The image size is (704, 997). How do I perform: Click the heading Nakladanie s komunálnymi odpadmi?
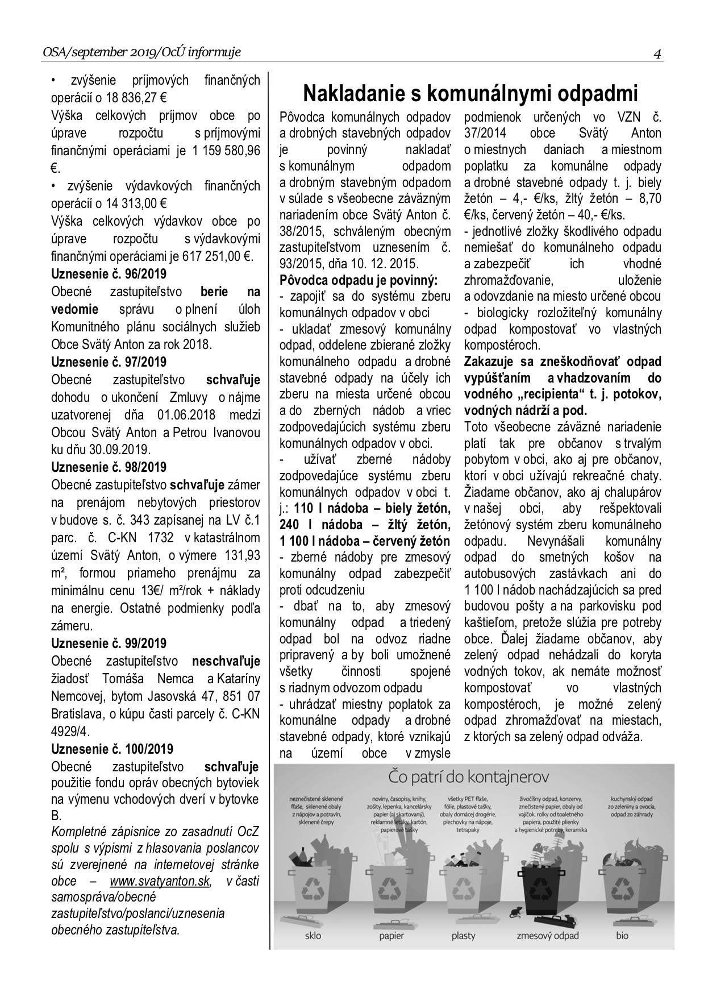[x=470, y=93]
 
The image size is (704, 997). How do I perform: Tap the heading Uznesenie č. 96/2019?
[x=109, y=274]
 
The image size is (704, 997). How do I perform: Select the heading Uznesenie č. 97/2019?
[x=109, y=362]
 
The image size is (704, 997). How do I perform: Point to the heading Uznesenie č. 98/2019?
[x=109, y=467]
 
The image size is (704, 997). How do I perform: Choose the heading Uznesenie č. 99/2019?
[x=109, y=643]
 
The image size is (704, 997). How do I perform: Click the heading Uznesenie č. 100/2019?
[x=112, y=749]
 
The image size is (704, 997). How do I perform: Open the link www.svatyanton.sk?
[x=160, y=882]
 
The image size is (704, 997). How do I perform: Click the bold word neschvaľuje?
[x=226, y=661]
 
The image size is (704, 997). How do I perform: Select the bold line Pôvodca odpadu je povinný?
[x=359, y=280]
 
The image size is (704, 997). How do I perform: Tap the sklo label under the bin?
[x=313, y=936]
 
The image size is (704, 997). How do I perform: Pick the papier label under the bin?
[x=391, y=936]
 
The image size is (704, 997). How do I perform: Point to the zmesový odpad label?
[x=547, y=936]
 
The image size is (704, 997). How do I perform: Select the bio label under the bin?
[x=622, y=936]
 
